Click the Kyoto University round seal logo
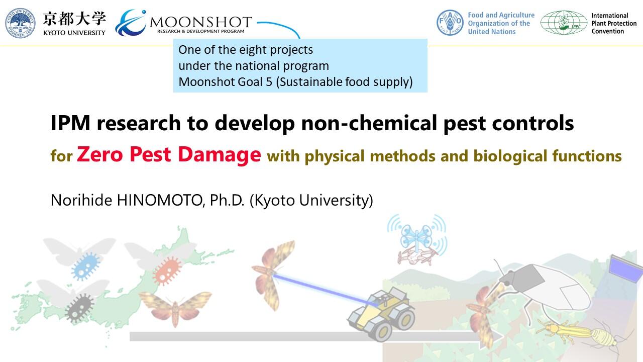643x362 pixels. [x=21, y=23]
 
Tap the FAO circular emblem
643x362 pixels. [x=450, y=23]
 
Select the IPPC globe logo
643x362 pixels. [x=564, y=23]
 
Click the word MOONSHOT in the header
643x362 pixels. [x=200, y=22]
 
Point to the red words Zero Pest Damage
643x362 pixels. [x=169, y=154]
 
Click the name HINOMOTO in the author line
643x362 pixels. [x=159, y=200]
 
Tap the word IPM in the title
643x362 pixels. [x=71, y=123]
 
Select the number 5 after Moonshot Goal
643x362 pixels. [x=269, y=82]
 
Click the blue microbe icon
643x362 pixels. [x=85, y=266]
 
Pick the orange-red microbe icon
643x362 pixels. [x=167, y=270]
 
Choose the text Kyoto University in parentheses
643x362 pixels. [x=311, y=200]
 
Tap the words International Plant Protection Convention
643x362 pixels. [x=614, y=23]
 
